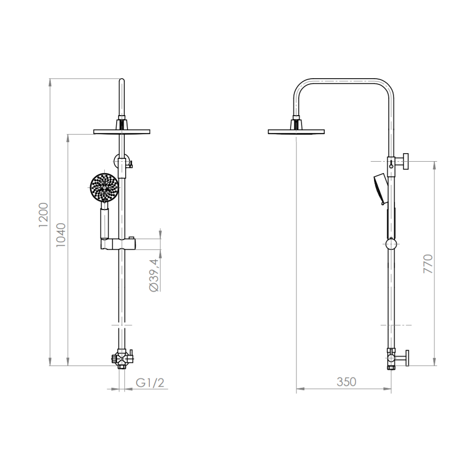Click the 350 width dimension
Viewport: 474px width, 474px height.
pos(346,382)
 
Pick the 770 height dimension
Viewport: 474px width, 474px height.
pos(428,264)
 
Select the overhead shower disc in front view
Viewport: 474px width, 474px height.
pos(122,131)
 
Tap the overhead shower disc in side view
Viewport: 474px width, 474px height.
pos(296,131)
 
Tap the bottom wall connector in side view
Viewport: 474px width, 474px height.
pos(397,358)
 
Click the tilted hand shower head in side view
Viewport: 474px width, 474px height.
pos(380,189)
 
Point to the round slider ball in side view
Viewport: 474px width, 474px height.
pos(392,244)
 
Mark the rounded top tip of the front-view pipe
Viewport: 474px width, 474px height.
pos(122,81)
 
